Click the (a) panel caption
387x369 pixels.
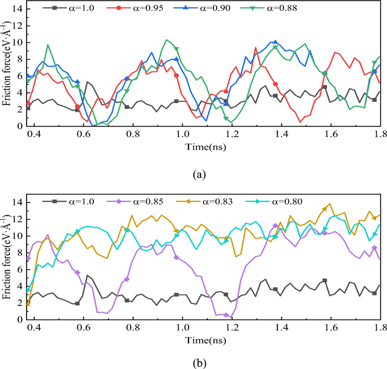(198, 174)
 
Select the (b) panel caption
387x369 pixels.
(198, 361)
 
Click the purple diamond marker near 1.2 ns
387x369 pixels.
(226, 315)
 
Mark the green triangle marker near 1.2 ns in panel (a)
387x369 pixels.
(226, 119)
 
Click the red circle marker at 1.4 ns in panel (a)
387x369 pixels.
(275, 84)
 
